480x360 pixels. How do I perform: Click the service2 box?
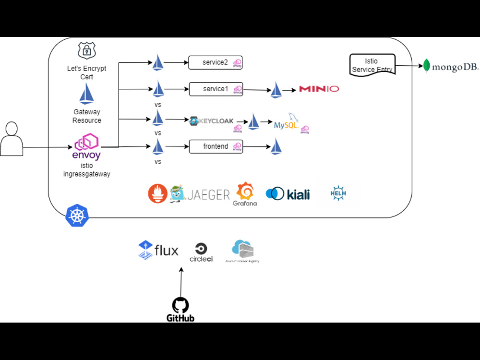pos(215,62)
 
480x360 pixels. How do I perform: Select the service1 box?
pos(215,89)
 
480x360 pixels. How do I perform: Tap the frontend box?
pos(216,146)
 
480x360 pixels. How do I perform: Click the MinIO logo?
pos(319,89)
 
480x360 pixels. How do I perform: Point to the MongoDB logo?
pos(451,66)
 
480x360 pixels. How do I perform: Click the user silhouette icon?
pos(12,139)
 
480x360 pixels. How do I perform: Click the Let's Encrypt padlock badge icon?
pos(87,51)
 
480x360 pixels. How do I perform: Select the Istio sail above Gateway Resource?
pos(86,94)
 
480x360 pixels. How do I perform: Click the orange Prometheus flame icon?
pos(157,193)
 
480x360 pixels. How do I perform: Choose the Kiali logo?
pos(288,193)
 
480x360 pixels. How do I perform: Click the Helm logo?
pos(338,193)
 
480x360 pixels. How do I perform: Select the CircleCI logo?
pos(201,252)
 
